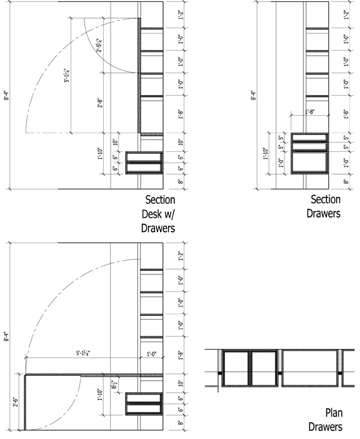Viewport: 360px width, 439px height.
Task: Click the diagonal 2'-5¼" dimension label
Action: click(x=100, y=47)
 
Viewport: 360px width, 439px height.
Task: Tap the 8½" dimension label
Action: click(x=113, y=387)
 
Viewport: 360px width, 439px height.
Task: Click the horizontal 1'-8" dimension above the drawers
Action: click(x=309, y=112)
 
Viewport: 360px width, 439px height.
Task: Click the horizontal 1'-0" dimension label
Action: click(x=151, y=354)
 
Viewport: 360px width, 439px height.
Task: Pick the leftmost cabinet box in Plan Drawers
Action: click(x=236, y=369)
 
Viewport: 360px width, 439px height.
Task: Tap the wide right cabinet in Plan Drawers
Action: click(x=310, y=369)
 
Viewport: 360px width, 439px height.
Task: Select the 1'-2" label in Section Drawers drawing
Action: click(x=347, y=15)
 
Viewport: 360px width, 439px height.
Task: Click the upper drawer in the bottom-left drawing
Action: click(x=144, y=398)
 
